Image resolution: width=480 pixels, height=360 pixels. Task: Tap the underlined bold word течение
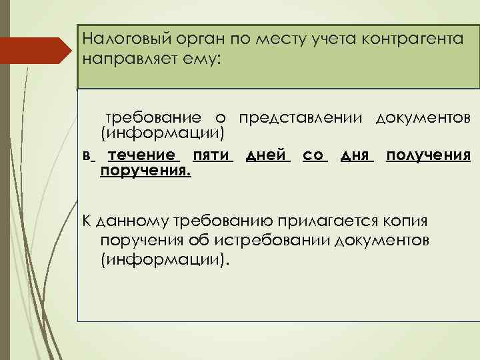pyautogui.click(x=144, y=155)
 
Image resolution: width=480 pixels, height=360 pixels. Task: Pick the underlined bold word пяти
pyautogui.click(x=211, y=155)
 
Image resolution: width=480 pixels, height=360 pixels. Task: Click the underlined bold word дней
pyautogui.click(x=267, y=155)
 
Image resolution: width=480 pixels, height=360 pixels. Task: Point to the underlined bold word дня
pyautogui.click(x=355, y=155)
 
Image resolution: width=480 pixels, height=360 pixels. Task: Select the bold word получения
pyautogui.click(x=429, y=155)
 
